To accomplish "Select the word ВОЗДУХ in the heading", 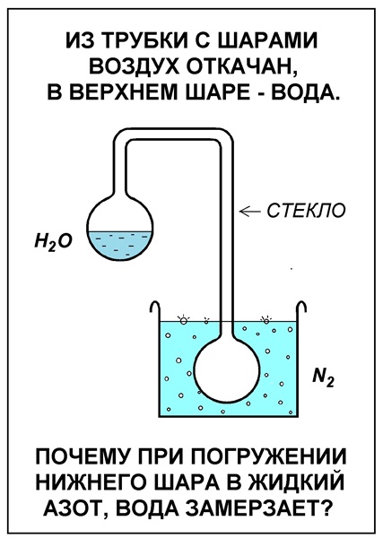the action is tap(135, 65).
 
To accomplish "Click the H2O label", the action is tap(53, 243).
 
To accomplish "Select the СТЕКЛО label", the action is tap(306, 211).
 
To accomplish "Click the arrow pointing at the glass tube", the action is tap(250, 211).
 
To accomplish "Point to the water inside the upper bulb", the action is tap(119, 244).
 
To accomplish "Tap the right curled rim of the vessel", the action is tap(301, 306).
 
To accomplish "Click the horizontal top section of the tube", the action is tap(174, 134).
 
